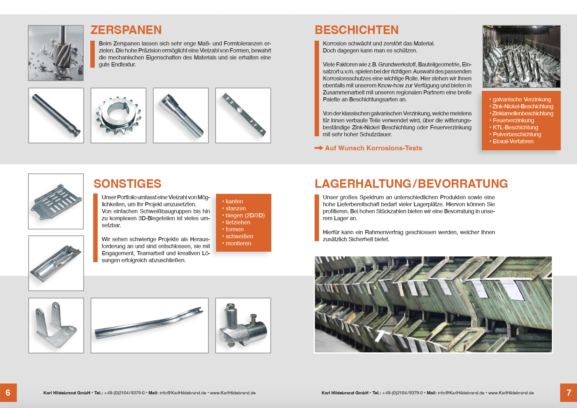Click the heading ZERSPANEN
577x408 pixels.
tap(126, 30)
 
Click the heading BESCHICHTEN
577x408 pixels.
tap(357, 30)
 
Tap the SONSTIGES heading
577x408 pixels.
tap(127, 184)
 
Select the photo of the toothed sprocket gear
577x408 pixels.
tap(118, 116)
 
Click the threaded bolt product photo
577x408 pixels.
tap(181, 116)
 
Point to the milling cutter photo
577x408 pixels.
tap(56, 53)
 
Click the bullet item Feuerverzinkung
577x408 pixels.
tap(513, 120)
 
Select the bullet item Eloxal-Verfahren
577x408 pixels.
tap(513, 141)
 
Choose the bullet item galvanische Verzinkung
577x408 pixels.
tap(521, 99)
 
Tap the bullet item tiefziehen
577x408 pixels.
tap(238, 222)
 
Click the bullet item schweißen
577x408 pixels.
tap(239, 236)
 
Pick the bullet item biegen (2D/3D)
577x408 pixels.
tap(245, 215)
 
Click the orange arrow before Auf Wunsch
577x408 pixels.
tap(319, 148)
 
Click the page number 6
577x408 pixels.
tap(8, 393)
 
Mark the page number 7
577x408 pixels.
tap(569, 393)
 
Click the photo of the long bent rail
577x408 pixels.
tap(149, 325)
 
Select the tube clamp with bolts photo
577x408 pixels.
tap(243, 325)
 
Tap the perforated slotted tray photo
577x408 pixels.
tap(56, 201)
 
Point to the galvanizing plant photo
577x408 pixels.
tap(521, 57)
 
